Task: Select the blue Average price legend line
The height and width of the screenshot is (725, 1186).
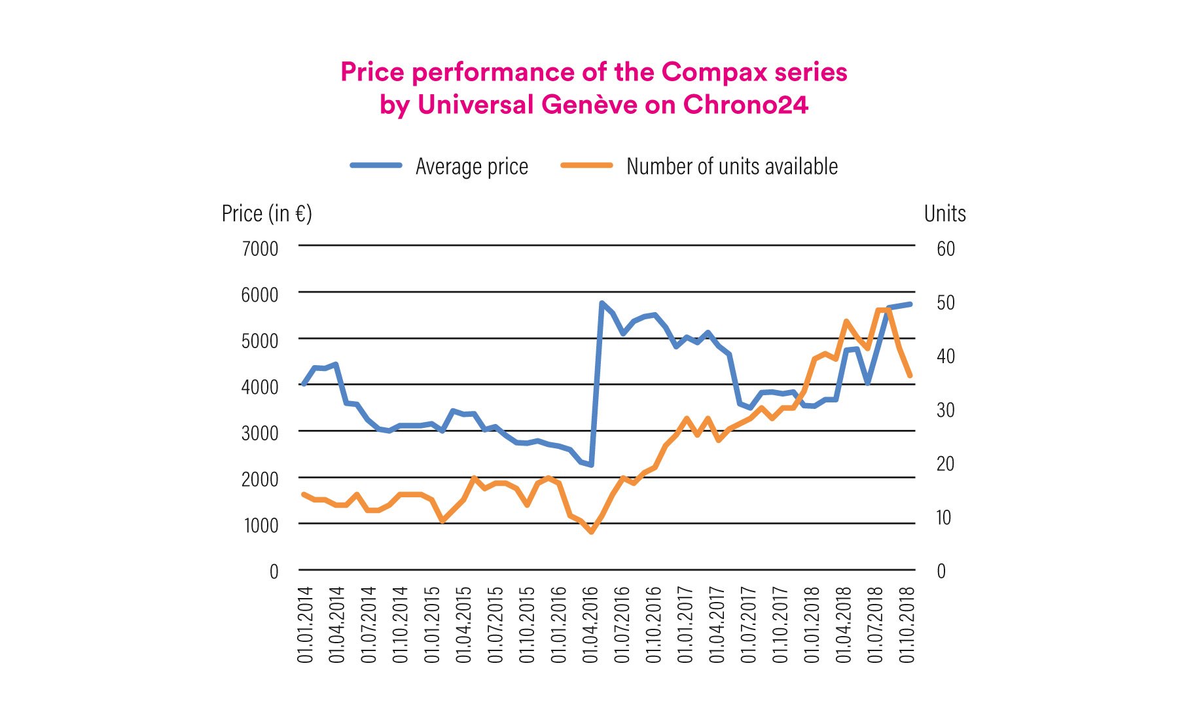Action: [376, 166]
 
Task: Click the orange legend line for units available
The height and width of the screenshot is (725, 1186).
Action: [586, 166]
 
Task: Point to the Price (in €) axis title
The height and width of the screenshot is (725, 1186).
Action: [266, 213]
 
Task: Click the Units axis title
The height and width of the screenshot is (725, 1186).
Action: [944, 213]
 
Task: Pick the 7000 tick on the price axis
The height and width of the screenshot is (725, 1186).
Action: [260, 249]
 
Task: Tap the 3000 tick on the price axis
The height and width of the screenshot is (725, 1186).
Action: [260, 433]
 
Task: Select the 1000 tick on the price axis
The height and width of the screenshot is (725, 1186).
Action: [261, 525]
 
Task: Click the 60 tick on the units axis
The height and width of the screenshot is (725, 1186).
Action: [946, 249]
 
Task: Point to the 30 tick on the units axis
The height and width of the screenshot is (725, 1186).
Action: [946, 410]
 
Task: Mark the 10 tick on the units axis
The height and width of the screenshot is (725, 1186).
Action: [943, 518]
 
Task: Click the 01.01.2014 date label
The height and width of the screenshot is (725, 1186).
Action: [305, 624]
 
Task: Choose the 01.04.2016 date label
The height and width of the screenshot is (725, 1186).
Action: [590, 624]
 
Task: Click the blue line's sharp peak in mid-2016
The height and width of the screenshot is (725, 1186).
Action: [602, 303]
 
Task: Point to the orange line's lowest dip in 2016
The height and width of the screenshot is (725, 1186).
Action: [592, 532]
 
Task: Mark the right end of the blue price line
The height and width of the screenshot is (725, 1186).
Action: [910, 304]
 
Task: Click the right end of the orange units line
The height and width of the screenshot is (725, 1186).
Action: [910, 376]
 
